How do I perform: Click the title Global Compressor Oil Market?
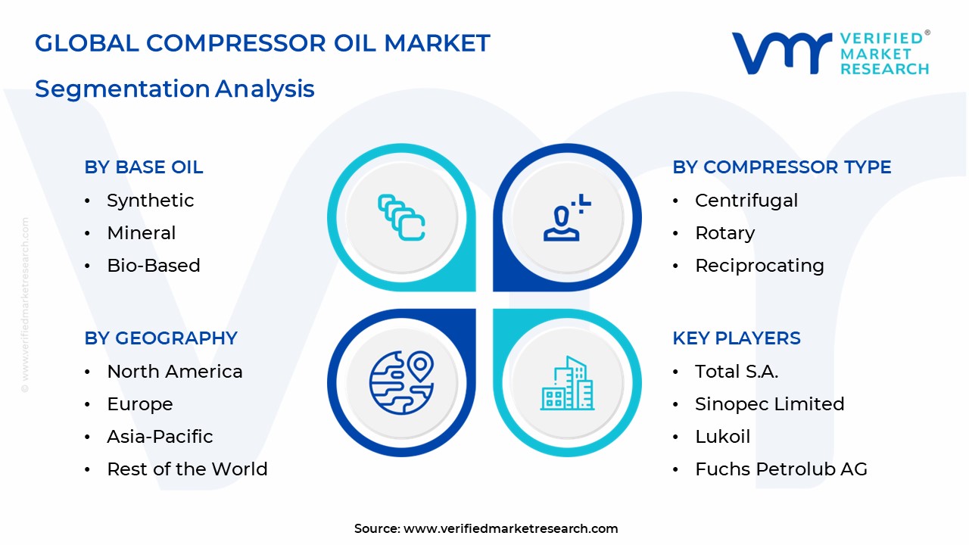click(x=263, y=43)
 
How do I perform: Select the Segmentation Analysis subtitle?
click(x=175, y=89)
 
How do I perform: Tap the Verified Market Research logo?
click(x=830, y=53)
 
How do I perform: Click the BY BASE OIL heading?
click(x=144, y=167)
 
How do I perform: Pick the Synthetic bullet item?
click(x=150, y=201)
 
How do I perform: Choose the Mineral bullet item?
click(x=141, y=233)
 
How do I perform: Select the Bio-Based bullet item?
click(x=153, y=266)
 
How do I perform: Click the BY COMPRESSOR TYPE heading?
click(x=781, y=167)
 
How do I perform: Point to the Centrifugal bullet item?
click(x=746, y=201)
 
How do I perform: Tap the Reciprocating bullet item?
click(x=759, y=266)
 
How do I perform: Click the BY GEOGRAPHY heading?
click(x=160, y=338)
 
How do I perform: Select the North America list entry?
click(x=175, y=372)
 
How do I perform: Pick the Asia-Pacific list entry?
click(x=160, y=437)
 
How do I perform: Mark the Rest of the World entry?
click(x=187, y=469)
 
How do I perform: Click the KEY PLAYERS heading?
click(x=736, y=338)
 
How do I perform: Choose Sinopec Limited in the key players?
click(x=769, y=404)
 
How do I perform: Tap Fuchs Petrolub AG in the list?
click(x=780, y=469)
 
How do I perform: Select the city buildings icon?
click(x=567, y=385)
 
